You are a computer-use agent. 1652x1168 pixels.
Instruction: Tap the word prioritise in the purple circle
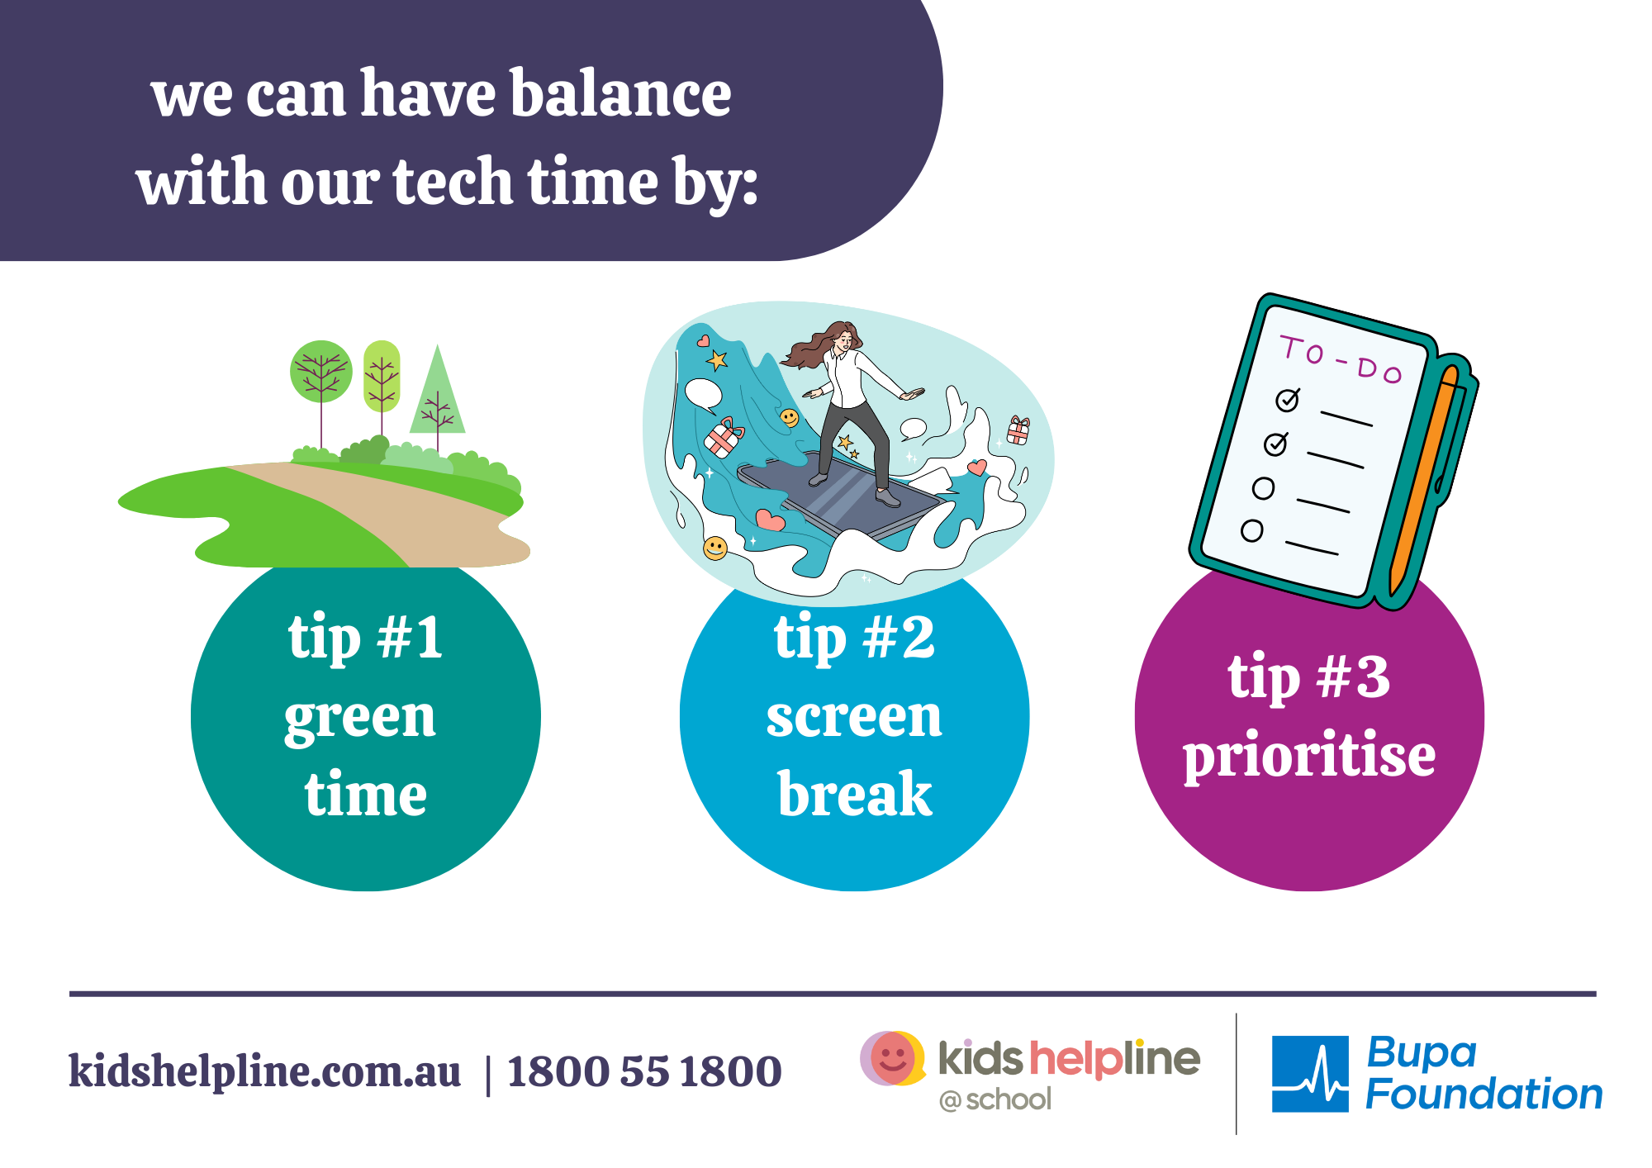pos(1309,755)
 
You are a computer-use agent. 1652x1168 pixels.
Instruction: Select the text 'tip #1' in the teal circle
pos(365,638)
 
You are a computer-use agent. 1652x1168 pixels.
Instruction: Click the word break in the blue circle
pos(855,794)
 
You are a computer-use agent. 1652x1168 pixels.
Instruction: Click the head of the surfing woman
pos(841,337)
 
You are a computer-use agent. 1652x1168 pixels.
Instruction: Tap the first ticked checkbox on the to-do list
pos(1288,400)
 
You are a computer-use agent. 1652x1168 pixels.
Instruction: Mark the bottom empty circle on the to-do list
pos(1251,530)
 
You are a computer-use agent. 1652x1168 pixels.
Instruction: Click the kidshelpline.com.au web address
pos(264,1071)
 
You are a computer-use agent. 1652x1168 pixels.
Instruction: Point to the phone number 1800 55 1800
pos(644,1071)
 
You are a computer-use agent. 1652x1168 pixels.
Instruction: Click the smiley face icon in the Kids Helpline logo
pos(892,1058)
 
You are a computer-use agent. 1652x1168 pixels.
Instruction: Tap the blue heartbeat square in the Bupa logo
pos(1310,1074)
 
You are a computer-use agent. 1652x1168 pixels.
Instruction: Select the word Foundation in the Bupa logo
pos(1483,1094)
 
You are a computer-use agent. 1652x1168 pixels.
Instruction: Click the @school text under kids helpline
pos(995,1100)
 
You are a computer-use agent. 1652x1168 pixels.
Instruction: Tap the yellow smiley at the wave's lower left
pos(715,548)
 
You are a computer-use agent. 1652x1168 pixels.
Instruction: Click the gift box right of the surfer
pos(1018,430)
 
